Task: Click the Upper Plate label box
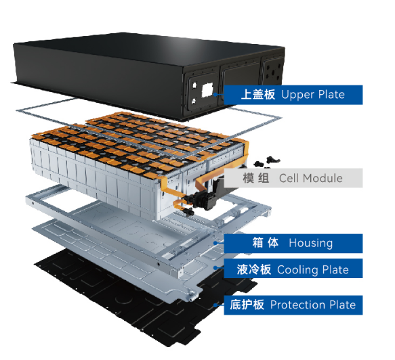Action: point(293,95)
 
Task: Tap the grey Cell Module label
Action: point(293,178)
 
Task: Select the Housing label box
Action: point(293,244)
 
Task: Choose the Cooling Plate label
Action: point(293,269)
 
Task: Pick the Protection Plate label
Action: point(293,305)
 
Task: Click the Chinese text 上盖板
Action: point(258,95)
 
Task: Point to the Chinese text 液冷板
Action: point(254,269)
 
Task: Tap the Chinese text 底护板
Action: point(247,305)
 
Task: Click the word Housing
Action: point(310,243)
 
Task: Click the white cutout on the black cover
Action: point(207,90)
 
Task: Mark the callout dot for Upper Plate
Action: point(215,95)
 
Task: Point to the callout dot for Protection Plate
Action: point(215,305)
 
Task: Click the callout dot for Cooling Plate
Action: point(215,268)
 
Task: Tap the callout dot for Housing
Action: point(215,243)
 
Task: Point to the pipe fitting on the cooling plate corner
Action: point(192,295)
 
